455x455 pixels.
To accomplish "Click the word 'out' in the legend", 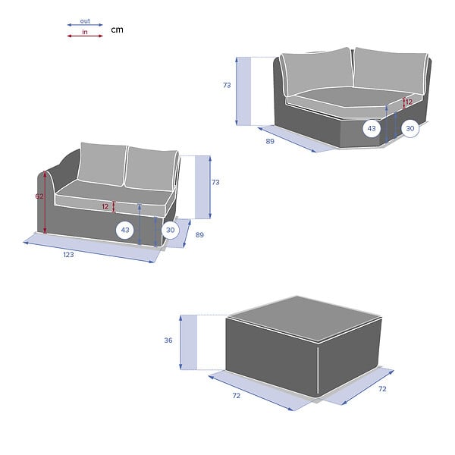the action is coord(85,21).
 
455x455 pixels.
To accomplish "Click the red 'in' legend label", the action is coord(85,32).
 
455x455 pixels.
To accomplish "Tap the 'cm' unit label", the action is coord(118,30).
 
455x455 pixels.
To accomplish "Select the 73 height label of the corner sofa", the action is coord(227,85).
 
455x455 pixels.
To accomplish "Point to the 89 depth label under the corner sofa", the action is coord(270,141).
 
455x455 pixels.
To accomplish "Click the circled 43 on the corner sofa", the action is coord(372,128).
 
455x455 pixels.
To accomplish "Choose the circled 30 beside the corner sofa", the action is coord(410,128).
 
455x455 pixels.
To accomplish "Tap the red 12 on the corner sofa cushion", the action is coord(409,102).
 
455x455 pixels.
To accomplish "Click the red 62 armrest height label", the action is coord(39,196).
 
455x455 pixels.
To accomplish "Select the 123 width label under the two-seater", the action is coord(68,255).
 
